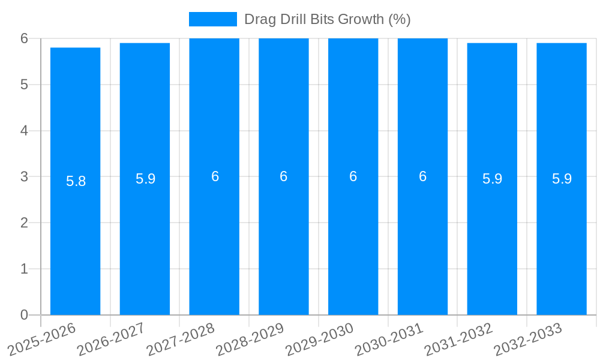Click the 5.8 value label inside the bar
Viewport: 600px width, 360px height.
[76, 181]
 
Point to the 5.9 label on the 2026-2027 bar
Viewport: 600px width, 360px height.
[145, 179]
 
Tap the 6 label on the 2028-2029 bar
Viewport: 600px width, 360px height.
[284, 176]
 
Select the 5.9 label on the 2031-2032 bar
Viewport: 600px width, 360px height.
[492, 179]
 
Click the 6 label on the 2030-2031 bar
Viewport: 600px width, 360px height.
[422, 176]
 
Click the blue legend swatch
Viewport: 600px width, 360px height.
[212, 19]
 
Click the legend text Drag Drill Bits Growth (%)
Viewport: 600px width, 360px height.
[327, 19]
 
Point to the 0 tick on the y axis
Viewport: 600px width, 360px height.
[24, 315]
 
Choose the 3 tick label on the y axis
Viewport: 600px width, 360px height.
[24, 176]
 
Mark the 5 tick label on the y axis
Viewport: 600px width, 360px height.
[24, 85]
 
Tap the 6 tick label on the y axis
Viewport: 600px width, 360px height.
[24, 38]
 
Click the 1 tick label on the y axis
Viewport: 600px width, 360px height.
[24, 269]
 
